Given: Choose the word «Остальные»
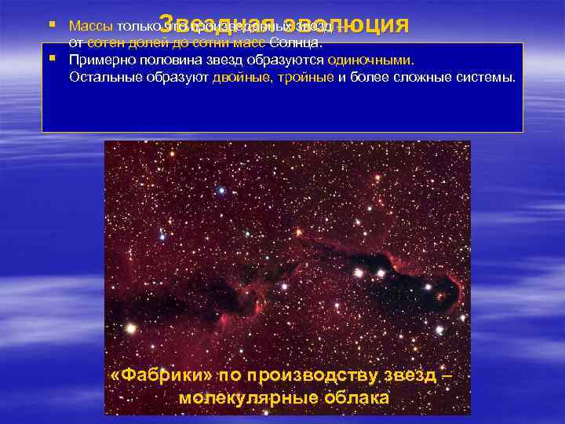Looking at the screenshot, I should (101, 77).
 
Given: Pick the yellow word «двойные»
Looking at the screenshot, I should (239, 77).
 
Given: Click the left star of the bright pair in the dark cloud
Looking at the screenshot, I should (359, 273).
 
